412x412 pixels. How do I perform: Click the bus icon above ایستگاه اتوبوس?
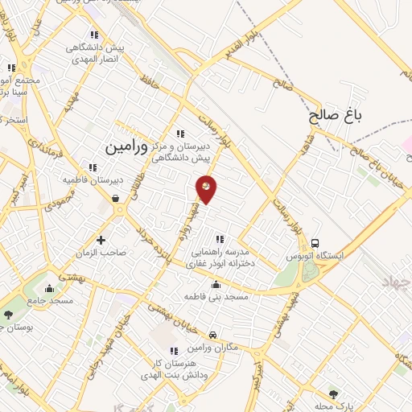pyautogui.click(x=315, y=243)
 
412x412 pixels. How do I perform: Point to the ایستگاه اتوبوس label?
pyautogui.click(x=315, y=256)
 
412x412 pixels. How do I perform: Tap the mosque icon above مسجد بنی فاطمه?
pyautogui.click(x=216, y=284)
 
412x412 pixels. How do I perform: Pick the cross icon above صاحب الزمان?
pyautogui.click(x=101, y=240)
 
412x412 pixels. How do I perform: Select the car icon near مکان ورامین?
pyautogui.click(x=212, y=335)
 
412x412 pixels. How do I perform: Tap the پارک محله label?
pyautogui.click(x=334, y=405)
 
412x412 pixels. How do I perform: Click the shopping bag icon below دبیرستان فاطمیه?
pyautogui.click(x=117, y=198)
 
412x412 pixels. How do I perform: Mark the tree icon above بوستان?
pyautogui.click(x=8, y=315)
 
